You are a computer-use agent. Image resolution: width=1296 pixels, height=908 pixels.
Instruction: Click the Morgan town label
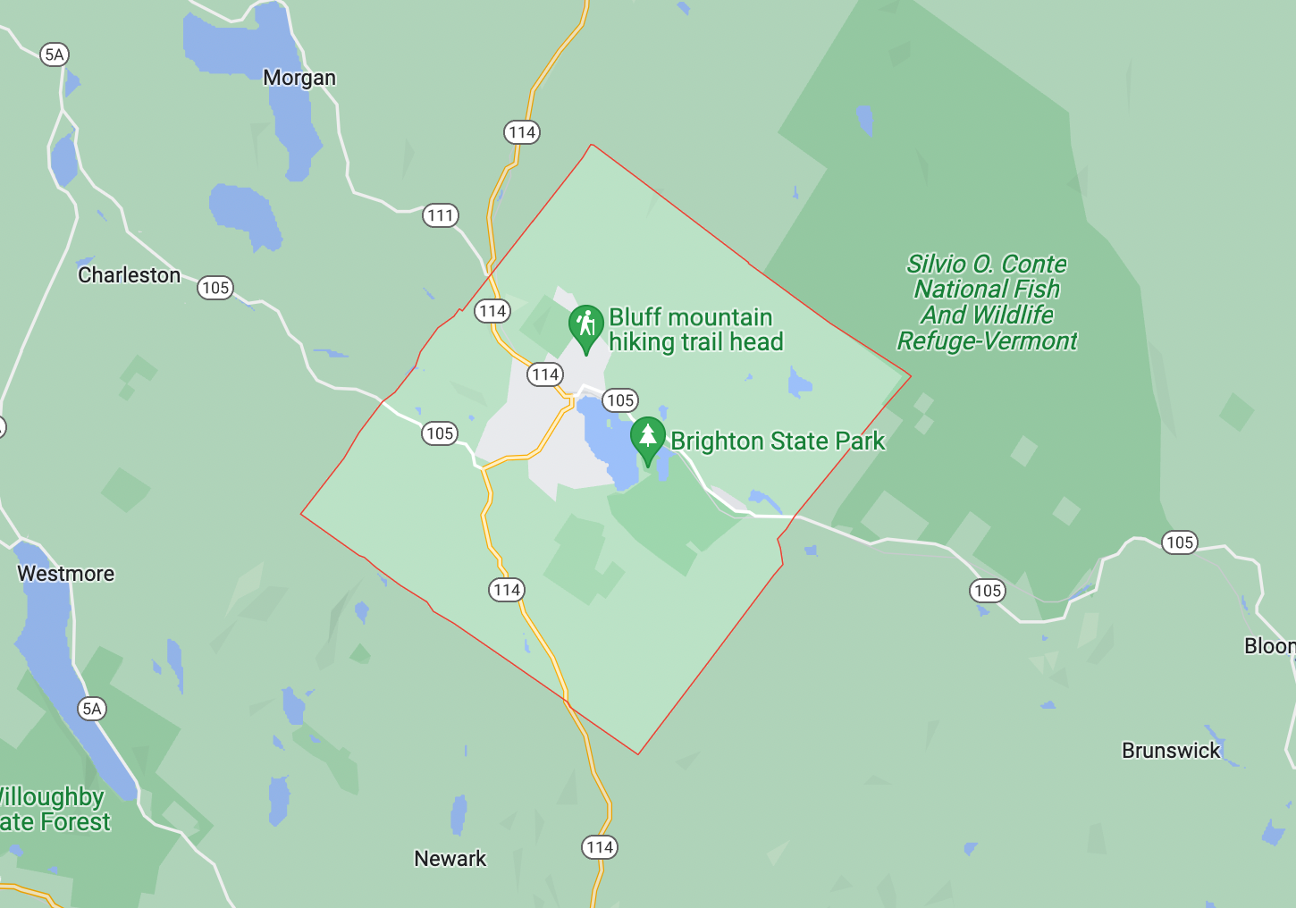coord(299,79)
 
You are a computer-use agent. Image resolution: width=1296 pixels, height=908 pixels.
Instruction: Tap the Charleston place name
coord(129,275)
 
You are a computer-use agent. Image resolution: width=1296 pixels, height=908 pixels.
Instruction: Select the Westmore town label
coord(66,574)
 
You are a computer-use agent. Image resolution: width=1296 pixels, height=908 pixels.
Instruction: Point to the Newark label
coord(450,859)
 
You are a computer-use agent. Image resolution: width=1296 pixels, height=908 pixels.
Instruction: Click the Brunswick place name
coord(1171,751)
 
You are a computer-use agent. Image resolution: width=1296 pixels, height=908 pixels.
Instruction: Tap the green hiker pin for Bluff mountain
coord(586,325)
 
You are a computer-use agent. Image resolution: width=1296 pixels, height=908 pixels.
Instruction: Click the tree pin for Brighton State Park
coord(648,438)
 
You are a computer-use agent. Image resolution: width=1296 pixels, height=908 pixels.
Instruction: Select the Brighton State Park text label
coord(778,441)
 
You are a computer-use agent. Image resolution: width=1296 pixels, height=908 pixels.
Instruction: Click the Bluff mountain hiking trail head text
coord(695,330)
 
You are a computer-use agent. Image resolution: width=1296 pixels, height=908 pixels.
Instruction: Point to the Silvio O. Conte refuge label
coord(988,303)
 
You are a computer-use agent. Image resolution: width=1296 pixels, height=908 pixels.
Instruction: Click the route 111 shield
coord(441,215)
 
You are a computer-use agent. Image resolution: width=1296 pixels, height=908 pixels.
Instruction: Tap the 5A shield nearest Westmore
coord(92,710)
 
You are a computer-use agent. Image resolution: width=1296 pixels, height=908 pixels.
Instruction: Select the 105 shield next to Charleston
coord(215,288)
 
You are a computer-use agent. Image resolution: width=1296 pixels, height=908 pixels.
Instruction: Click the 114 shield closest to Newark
coord(600,847)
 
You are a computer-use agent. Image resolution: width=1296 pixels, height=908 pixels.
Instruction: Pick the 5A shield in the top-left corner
coord(55,55)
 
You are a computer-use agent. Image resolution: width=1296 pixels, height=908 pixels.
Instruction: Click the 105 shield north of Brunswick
coord(1180,542)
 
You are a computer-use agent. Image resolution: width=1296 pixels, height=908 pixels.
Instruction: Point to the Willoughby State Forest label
coord(54,810)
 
